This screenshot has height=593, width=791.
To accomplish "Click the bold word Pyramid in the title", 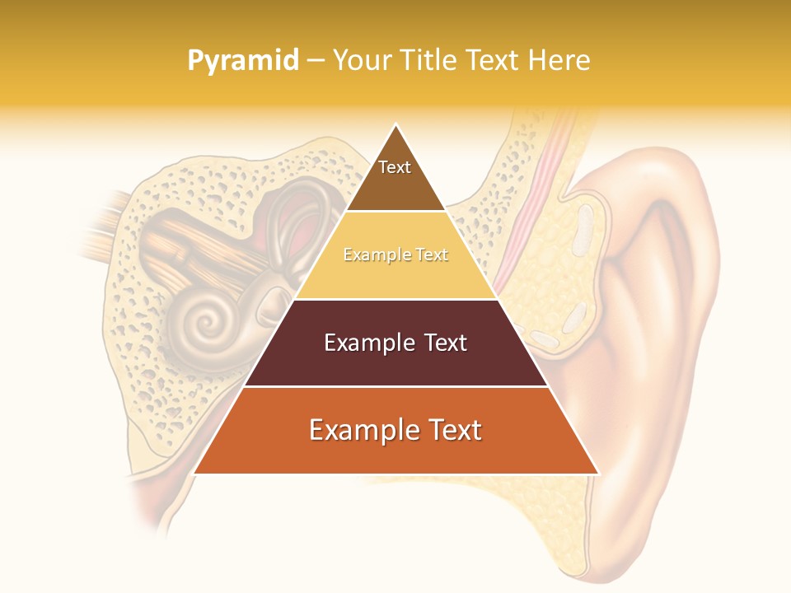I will coord(243,61).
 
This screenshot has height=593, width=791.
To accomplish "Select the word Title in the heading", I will coord(429,60).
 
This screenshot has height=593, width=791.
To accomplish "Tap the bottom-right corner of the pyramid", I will coord(597,473).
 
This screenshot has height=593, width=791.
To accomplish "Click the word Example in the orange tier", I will coord(359,431).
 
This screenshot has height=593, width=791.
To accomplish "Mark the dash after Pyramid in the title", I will coord(315,61).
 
